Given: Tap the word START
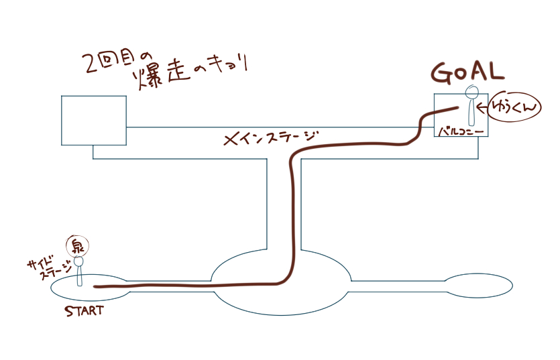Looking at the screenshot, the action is click(x=85, y=310).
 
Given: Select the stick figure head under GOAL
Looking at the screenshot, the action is click(x=472, y=93).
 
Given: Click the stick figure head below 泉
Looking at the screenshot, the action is click(x=78, y=260).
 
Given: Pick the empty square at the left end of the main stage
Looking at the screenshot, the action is click(x=93, y=120).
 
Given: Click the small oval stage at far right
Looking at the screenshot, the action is click(x=479, y=286).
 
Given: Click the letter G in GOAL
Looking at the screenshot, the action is click(x=442, y=71).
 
